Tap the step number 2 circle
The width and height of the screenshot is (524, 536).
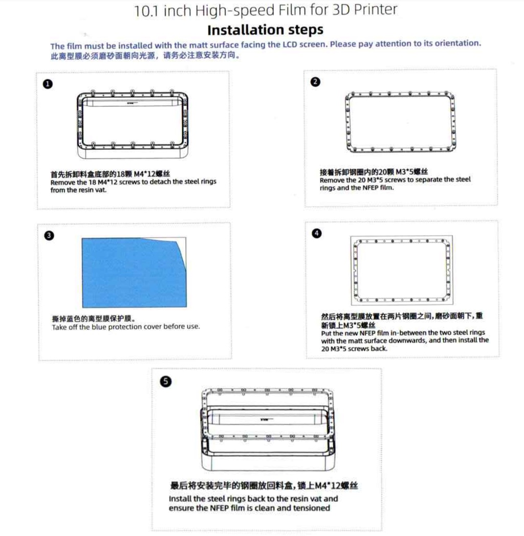316,82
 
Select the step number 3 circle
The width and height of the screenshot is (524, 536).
49,235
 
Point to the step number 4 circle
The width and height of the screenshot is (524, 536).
317,233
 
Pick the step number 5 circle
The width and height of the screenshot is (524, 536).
165,381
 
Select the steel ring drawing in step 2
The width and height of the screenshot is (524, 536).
400,122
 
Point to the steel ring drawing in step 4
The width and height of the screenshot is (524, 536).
401,270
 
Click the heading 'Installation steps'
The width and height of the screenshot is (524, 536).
265,30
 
